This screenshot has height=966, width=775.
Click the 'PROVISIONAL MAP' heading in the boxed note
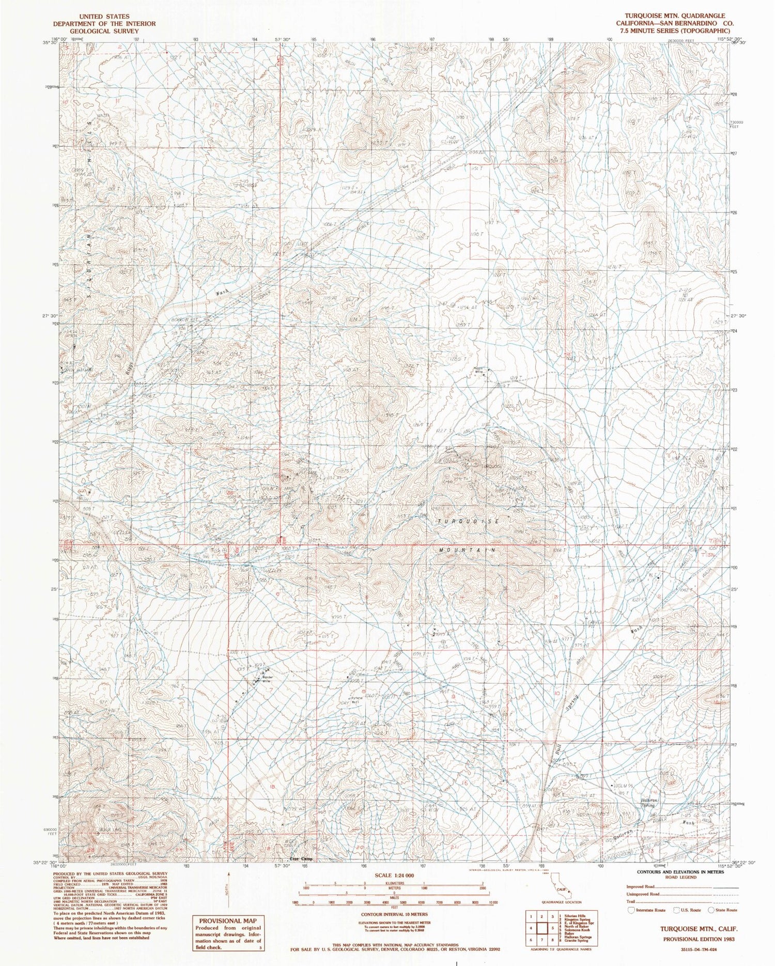click(x=227, y=919)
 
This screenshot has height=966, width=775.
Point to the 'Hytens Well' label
click(x=354, y=700)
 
